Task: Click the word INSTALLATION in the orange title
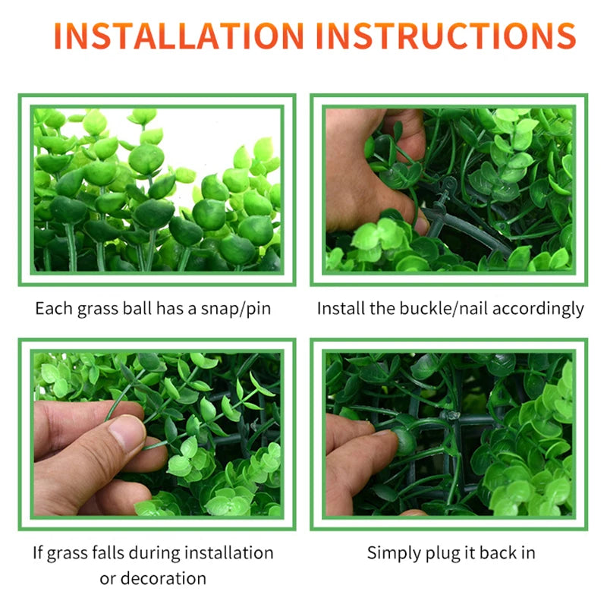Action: coord(179,36)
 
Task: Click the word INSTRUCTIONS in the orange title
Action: coord(446,36)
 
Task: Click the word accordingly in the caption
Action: coord(538,310)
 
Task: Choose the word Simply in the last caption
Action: coord(394,553)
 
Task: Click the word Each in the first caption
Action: coord(54,309)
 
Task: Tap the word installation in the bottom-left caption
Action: coord(229,552)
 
